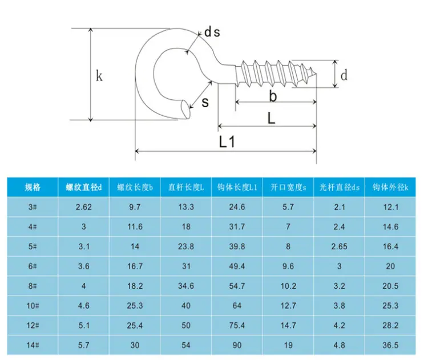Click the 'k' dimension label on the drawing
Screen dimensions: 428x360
(x=99, y=76)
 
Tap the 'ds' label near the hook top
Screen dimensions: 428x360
(x=212, y=32)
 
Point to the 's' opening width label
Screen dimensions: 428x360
(x=205, y=102)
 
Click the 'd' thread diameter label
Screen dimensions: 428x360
(x=344, y=75)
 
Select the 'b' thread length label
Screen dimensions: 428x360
(x=273, y=96)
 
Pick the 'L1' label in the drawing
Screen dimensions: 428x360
(x=227, y=141)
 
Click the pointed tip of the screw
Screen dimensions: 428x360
(x=316, y=74)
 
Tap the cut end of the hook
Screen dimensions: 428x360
(x=185, y=108)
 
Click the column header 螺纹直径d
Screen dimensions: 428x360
(x=83, y=187)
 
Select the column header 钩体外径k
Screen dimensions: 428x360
(x=390, y=187)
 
